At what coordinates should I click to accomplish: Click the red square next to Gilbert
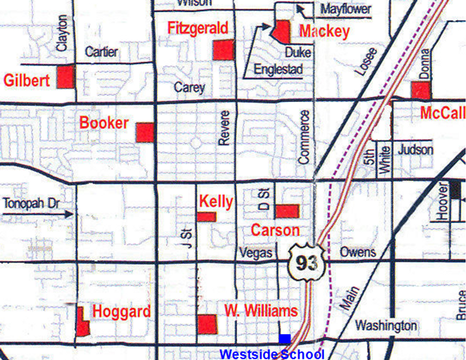pyautogui.click(x=66, y=77)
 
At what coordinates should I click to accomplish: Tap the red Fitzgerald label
pyautogui.click(x=198, y=28)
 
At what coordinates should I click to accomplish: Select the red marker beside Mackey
pyautogui.click(x=282, y=31)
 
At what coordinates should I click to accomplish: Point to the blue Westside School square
pyautogui.click(x=285, y=339)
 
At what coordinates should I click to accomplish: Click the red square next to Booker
pyautogui.click(x=145, y=132)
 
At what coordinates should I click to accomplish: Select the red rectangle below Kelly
pyautogui.click(x=206, y=217)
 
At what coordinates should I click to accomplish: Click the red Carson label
pyautogui.click(x=275, y=230)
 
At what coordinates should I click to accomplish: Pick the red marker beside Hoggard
pyautogui.click(x=82, y=321)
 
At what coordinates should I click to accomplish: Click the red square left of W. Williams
pyautogui.click(x=207, y=324)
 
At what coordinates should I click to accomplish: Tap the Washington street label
pyautogui.click(x=385, y=325)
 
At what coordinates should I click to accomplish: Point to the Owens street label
pyautogui.click(x=357, y=252)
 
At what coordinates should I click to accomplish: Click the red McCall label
pyautogui.click(x=442, y=113)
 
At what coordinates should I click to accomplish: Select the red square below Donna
pyautogui.click(x=421, y=90)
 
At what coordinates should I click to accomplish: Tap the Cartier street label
pyautogui.click(x=101, y=52)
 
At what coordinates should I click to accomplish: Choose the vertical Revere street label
pyautogui.click(x=225, y=127)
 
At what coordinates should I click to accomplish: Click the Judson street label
pyautogui.click(x=415, y=150)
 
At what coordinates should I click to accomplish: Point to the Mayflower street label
pyautogui.click(x=346, y=10)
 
